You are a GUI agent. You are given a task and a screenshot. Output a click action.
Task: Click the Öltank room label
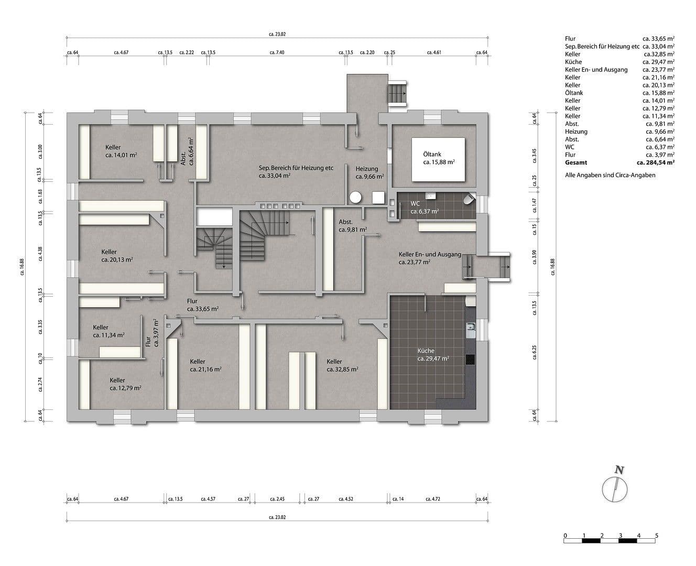point(432,155)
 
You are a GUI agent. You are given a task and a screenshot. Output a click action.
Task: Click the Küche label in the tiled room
point(426,351)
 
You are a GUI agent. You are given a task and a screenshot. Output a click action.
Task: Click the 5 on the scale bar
point(656,536)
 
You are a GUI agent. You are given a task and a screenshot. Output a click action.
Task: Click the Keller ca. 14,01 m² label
point(113,147)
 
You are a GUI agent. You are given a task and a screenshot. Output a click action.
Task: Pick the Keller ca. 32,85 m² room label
point(334,362)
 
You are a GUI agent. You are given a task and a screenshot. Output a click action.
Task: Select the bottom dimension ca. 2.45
point(277,499)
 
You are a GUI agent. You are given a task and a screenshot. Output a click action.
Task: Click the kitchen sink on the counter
point(470,329)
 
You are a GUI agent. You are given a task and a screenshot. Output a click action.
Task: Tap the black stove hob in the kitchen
point(470,359)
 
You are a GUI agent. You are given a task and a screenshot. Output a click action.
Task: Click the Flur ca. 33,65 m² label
point(192,301)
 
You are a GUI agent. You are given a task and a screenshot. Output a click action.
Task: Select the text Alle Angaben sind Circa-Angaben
point(610,175)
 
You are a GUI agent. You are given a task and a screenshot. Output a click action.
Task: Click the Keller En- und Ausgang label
point(430,254)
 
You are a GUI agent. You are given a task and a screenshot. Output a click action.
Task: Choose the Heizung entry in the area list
point(576,132)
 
